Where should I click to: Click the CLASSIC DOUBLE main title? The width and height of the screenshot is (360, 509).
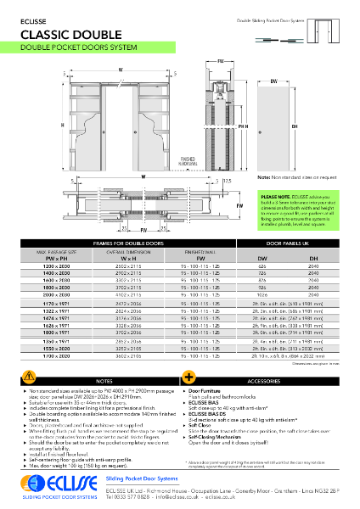click(x=70, y=34)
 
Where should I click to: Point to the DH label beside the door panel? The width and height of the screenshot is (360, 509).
click(x=294, y=125)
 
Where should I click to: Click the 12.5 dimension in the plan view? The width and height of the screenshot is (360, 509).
click(x=228, y=180)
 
